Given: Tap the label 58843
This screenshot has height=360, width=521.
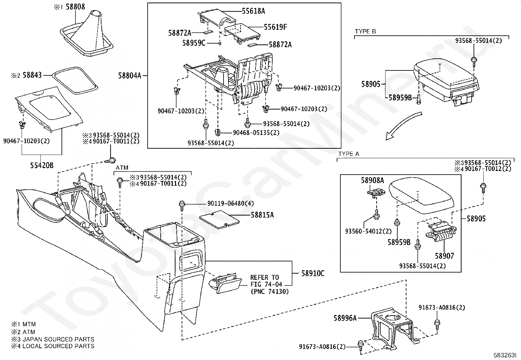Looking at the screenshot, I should click(32, 75).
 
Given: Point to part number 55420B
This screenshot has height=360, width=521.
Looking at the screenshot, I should click(42, 165).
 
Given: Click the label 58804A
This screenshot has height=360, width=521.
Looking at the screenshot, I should click(130, 76).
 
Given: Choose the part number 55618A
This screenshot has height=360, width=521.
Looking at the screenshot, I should click(253, 11).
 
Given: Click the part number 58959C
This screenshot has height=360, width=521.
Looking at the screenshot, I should click(194, 43).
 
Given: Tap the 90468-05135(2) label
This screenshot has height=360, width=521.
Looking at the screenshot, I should click(256, 133).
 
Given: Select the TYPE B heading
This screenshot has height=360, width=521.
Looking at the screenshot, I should click(366, 31).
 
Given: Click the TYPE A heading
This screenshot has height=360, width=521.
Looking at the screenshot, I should click(349, 154).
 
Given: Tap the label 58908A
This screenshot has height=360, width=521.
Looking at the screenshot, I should click(372, 180).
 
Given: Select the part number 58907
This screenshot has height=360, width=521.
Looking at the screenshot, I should click(444, 256).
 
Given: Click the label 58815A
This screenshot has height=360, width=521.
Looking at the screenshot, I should click(262, 215).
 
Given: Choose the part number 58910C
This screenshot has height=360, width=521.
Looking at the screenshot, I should click(313, 273).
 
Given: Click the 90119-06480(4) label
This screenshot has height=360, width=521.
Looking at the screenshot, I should click(230, 203).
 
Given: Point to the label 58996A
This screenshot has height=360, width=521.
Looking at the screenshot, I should click(345, 318).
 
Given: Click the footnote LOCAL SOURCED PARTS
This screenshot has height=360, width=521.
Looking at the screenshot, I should click(58, 346).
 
